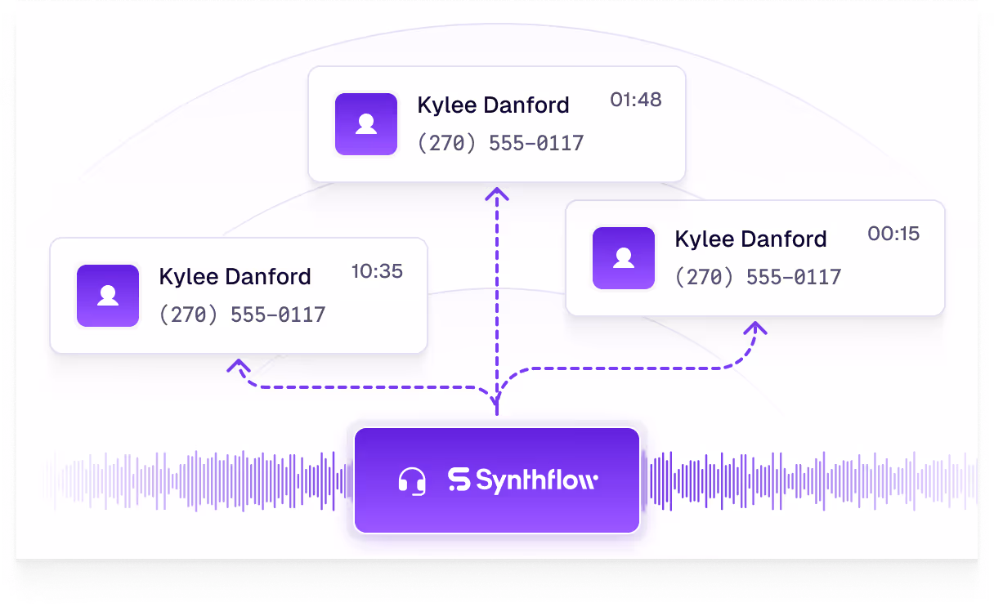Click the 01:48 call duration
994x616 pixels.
[635, 100]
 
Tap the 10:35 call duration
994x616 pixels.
[377, 271]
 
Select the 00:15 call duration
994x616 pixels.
[893, 234]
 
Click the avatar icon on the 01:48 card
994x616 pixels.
[366, 124]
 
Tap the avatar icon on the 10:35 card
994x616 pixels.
[108, 296]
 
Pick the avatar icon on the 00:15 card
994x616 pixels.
[624, 258]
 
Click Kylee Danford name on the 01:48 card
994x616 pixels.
[493, 105]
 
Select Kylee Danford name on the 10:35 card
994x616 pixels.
[235, 277]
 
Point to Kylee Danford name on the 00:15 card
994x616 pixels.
[750, 239]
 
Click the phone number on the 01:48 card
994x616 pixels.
[500, 144]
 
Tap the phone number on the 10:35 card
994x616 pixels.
[242, 315]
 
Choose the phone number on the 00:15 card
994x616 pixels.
[758, 278]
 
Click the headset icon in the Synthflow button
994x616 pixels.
[412, 480]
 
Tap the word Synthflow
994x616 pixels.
[536, 480]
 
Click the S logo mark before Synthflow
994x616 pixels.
[459, 480]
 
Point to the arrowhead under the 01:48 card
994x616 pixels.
[496, 194]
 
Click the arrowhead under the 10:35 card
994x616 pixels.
[238, 366]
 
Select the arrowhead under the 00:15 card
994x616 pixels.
[757, 328]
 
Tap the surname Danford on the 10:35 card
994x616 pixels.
[270, 277]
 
